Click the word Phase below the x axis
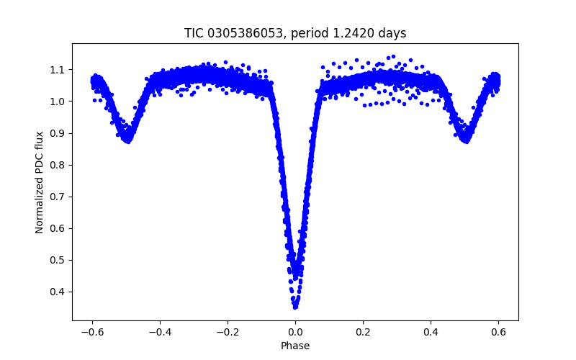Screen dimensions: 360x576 point(295,346)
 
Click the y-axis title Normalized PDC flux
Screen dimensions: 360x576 point(40,181)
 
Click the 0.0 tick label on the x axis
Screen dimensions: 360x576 point(295,332)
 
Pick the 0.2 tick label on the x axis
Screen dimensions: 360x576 point(363,332)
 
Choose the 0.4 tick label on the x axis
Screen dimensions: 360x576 point(431,332)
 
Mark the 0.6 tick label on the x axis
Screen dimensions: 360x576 point(498,332)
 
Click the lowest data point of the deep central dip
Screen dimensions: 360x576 point(295,307)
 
